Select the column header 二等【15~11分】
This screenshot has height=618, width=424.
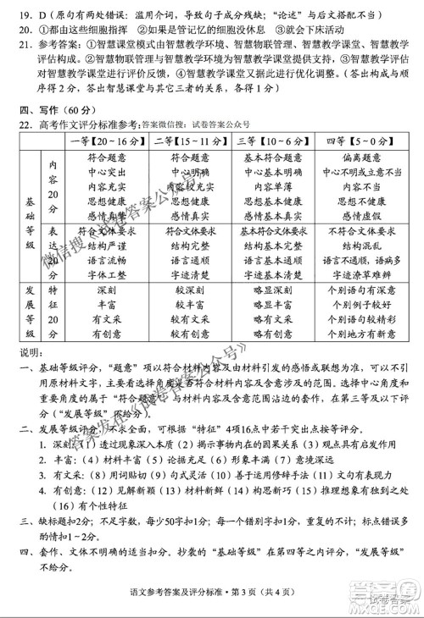(x=186, y=141)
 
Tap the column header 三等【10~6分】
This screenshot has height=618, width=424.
(x=271, y=141)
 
